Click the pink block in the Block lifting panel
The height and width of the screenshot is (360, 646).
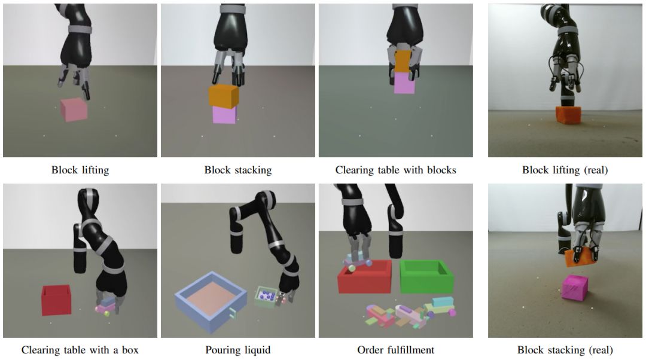pos(74,109)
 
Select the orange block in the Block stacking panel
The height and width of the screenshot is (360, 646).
pos(224,96)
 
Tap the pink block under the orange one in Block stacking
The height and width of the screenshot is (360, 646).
pos(224,114)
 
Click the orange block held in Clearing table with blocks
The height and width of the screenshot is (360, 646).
pos(403,62)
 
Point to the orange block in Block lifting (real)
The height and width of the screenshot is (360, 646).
pos(568,114)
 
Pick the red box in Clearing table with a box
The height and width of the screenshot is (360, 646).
pos(56,300)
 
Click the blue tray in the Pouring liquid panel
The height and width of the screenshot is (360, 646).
pos(211,301)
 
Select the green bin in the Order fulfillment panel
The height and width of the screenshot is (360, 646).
pos(426,276)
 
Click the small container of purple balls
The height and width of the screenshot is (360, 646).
pos(264,297)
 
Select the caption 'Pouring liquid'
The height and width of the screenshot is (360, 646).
pos(238,350)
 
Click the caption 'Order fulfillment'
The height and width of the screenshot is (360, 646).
pos(395,350)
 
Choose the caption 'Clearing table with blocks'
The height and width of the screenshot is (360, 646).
pos(395,170)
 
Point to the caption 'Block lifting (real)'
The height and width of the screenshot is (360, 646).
pos(565,170)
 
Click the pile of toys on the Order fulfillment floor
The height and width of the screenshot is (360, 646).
pos(409,313)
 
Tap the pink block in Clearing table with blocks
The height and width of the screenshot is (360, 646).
pos(404,83)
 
